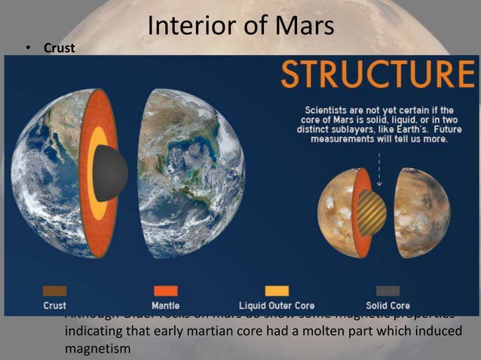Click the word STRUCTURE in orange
tap(377, 75)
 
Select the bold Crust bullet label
tap(60, 48)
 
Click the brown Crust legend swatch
tap(54, 291)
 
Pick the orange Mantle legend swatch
tap(165, 291)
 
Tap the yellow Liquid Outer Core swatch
tap(277, 291)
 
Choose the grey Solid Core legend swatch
tap(388, 291)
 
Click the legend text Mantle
tap(165, 307)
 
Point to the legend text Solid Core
tap(388, 307)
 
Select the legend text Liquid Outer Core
tap(277, 307)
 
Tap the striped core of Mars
tap(370, 212)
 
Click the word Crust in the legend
tap(54, 307)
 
